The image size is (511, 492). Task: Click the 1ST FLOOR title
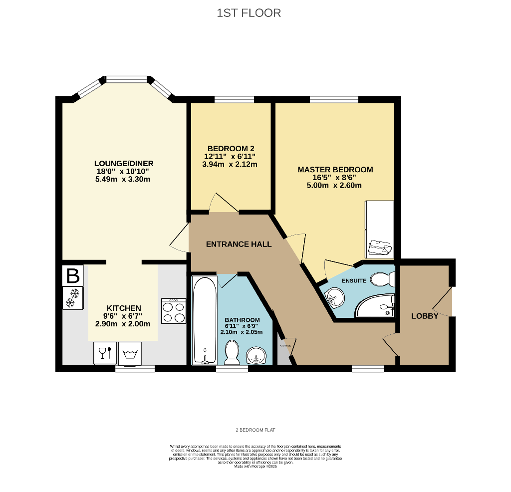pyautogui.click(x=249, y=13)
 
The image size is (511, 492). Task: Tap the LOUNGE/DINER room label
pyautogui.click(x=124, y=164)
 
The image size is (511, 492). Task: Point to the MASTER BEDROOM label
pyautogui.click(x=335, y=170)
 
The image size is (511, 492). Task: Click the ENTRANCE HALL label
pyautogui.click(x=239, y=245)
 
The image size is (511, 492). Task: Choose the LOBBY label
pyautogui.click(x=425, y=316)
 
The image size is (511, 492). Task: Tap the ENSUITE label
pyautogui.click(x=354, y=281)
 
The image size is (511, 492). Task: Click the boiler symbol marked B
pyautogui.click(x=73, y=275)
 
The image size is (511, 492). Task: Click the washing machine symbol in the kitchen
pyautogui.click(x=130, y=353)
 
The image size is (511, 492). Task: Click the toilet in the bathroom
pyautogui.click(x=232, y=352)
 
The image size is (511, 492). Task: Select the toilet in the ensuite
pyautogui.click(x=384, y=279)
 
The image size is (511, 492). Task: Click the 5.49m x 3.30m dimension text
pyautogui.click(x=123, y=180)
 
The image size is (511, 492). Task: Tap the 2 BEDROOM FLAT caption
pyautogui.click(x=255, y=430)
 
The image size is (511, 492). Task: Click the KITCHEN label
pyautogui.click(x=124, y=308)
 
